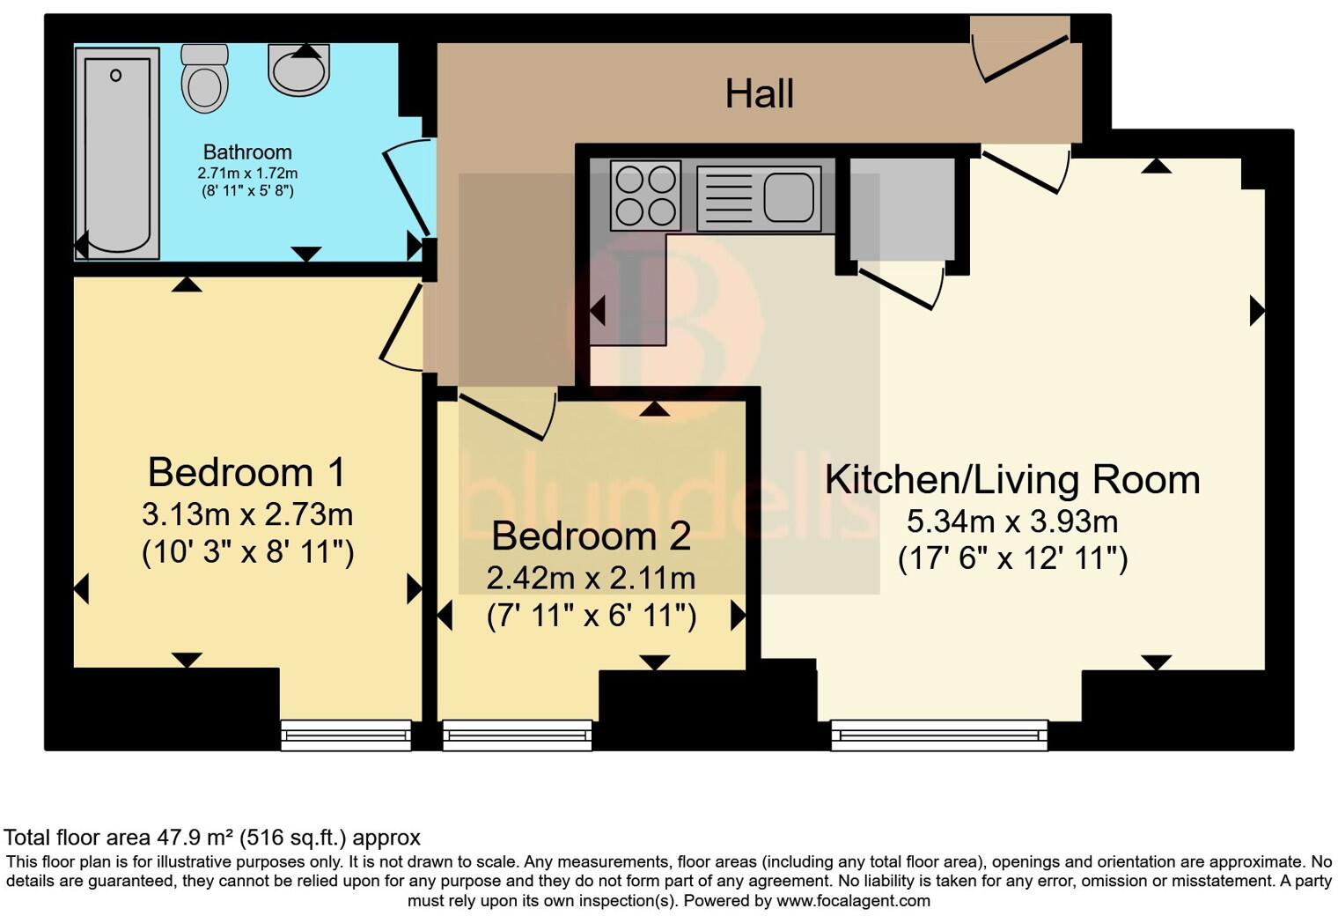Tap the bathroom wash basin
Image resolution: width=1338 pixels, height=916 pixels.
click(299, 70)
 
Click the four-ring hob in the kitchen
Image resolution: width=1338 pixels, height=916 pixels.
click(645, 195)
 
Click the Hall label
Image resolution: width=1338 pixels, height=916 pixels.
click(759, 93)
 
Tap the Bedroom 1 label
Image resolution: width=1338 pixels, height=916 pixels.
click(246, 472)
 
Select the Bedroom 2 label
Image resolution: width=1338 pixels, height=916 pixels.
click(591, 536)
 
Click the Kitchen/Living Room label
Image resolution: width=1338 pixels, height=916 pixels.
click(1012, 479)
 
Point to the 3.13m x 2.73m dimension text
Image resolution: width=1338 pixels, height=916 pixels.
click(246, 513)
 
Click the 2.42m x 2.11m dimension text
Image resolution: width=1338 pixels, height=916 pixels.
click(591, 578)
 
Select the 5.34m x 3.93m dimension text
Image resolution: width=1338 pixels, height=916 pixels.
click(1012, 521)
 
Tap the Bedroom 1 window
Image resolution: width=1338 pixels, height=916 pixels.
click(346, 735)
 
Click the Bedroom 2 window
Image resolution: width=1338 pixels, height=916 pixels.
click(517, 735)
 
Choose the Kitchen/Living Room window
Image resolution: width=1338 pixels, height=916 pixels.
click(939, 735)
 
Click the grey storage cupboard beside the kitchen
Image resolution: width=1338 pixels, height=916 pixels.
click(901, 209)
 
